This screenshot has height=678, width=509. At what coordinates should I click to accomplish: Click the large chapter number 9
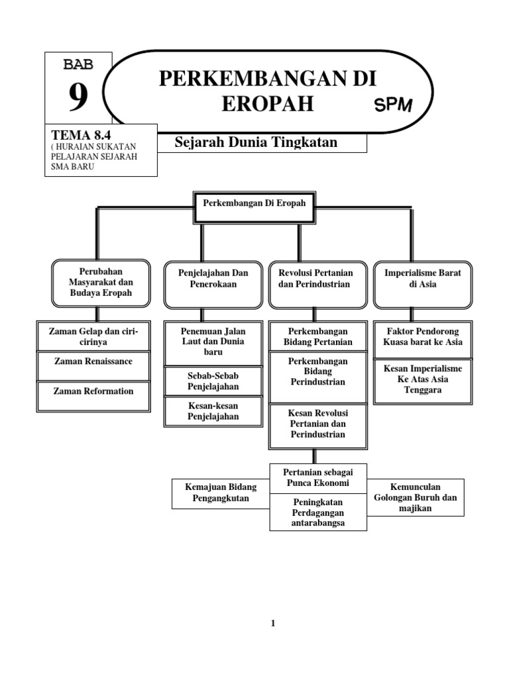tap(78, 98)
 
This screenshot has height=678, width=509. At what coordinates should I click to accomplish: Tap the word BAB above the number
tap(78, 65)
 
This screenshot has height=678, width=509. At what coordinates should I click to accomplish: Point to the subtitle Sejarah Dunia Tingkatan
tap(256, 142)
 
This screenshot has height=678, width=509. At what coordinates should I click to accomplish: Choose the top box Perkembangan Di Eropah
tap(255, 204)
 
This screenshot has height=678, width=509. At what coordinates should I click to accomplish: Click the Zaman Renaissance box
tap(93, 362)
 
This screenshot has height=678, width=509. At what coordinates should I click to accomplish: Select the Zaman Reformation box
tap(93, 391)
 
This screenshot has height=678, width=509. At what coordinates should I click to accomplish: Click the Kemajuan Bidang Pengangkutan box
tap(221, 493)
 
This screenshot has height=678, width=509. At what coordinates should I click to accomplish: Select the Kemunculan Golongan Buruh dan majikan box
tap(416, 497)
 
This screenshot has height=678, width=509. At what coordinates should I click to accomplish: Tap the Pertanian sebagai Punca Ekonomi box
tap(318, 477)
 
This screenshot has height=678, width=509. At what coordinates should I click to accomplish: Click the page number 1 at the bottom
tap(272, 623)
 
